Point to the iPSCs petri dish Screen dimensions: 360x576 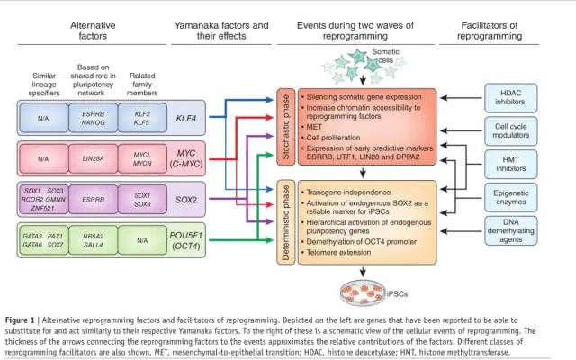[x=358, y=289]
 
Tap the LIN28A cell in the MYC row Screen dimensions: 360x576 [x=94, y=158]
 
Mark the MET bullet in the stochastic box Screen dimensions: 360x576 [x=314, y=127]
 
